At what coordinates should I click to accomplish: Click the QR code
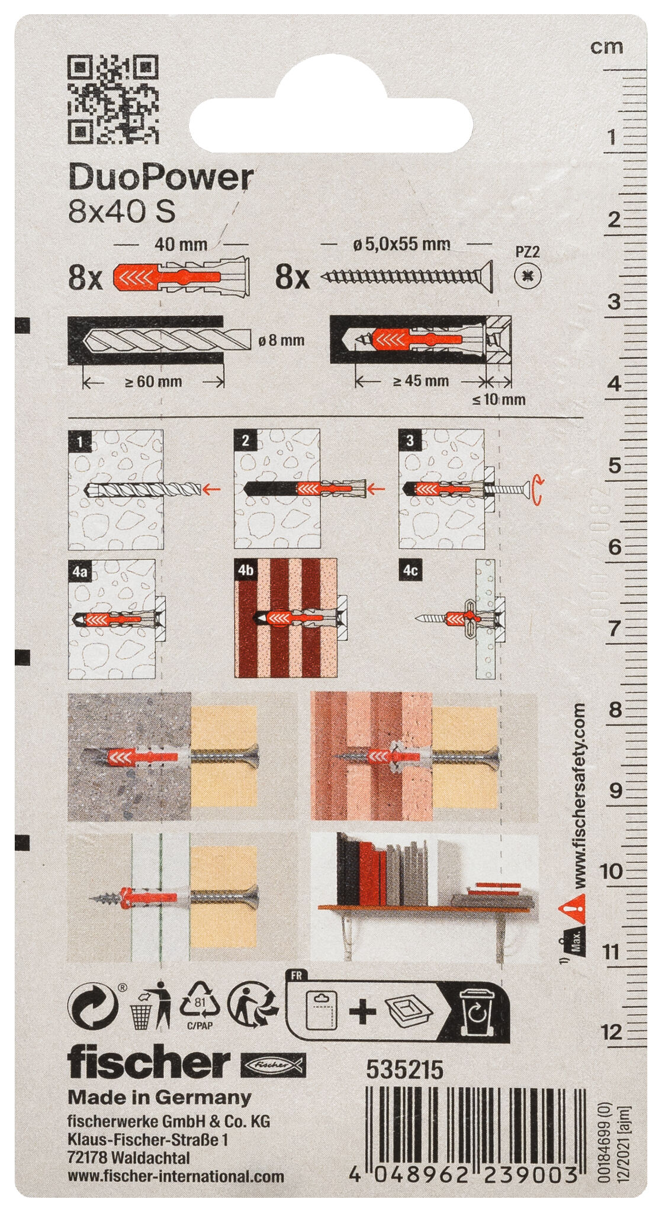click(113, 99)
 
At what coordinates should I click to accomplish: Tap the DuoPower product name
click(161, 177)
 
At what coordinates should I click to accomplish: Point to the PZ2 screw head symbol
click(528, 275)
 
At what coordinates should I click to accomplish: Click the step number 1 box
click(80, 441)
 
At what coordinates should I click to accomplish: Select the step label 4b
click(245, 570)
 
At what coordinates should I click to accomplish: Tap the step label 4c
click(410, 570)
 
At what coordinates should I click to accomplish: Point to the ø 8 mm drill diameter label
click(282, 340)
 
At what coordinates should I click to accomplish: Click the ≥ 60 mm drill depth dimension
click(153, 382)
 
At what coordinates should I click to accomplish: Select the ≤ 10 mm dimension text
click(499, 399)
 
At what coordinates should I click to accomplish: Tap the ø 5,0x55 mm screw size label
click(401, 244)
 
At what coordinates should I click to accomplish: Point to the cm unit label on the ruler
click(607, 47)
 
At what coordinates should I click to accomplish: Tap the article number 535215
click(405, 1070)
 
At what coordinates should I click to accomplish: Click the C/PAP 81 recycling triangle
click(203, 1007)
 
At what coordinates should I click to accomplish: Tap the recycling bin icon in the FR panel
click(478, 1012)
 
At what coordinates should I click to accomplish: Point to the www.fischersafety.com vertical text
click(579, 795)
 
